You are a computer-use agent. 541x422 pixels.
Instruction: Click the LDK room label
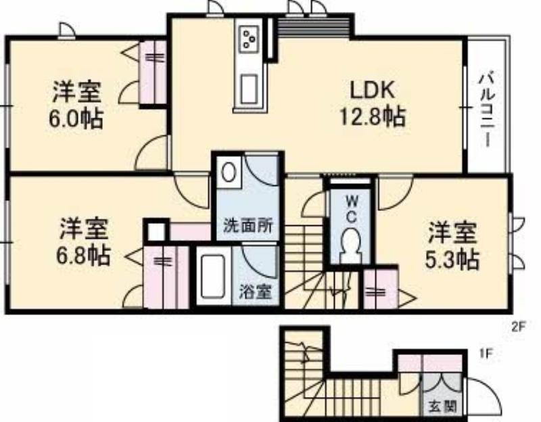(372, 91)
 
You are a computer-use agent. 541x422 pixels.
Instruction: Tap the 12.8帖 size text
(373, 117)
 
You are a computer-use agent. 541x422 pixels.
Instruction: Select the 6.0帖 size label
(76, 120)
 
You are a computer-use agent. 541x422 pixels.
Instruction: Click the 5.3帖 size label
(452, 260)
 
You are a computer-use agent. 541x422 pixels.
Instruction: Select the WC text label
(351, 209)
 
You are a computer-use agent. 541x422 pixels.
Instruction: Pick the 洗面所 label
(248, 226)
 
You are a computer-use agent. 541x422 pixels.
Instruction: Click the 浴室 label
(256, 293)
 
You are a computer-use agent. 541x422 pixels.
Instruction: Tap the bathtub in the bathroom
(214, 275)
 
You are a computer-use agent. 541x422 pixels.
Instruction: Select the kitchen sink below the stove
(249, 89)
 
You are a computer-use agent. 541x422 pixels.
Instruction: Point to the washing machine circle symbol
(227, 172)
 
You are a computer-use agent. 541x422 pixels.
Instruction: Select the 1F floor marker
(485, 354)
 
